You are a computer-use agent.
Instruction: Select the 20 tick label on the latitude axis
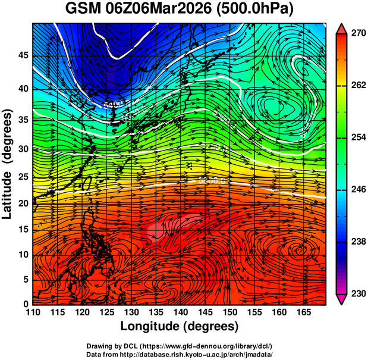click(x=23, y=204)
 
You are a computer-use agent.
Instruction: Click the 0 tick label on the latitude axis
click(x=26, y=304)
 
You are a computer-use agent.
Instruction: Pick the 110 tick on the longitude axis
click(x=33, y=312)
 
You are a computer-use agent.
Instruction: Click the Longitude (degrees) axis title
click(x=180, y=326)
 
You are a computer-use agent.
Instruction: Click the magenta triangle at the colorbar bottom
click(x=341, y=299)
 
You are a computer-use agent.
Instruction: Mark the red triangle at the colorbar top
click(x=341, y=28)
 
